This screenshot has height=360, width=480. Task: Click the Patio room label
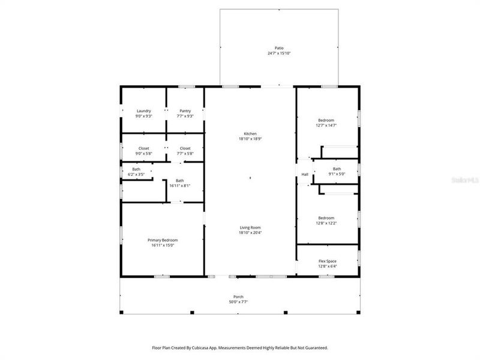279,48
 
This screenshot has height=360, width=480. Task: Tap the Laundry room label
144,110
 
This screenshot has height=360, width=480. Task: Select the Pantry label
185,110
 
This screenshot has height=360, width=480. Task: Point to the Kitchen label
250,133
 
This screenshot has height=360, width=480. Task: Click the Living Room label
250,227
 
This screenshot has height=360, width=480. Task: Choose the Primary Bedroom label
163,239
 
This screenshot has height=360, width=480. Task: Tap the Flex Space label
326,261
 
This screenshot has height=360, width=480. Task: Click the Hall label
305,175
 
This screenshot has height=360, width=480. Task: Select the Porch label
238,297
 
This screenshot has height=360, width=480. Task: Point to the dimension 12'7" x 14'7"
326,125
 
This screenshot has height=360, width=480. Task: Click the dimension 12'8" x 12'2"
326,223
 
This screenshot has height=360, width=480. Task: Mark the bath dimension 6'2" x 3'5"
136,174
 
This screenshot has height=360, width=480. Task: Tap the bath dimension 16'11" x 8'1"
180,186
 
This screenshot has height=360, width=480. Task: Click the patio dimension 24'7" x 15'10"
279,53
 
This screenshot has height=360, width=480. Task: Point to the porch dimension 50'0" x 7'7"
238,302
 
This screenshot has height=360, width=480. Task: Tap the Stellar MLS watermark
468,179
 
